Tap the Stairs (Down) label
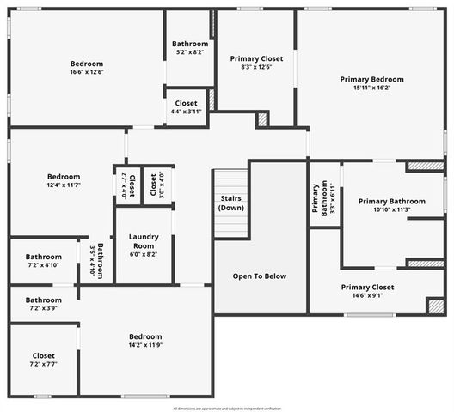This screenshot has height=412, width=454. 231,203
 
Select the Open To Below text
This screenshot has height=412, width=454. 260,276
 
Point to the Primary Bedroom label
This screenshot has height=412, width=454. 371,79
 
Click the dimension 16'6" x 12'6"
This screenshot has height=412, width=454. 86,72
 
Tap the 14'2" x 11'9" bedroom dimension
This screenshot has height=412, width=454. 145,345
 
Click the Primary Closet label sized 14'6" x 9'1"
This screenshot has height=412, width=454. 367,288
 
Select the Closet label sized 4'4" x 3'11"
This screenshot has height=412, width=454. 186,104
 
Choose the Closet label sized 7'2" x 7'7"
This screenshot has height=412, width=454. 43,355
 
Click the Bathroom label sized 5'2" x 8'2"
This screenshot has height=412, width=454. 189,44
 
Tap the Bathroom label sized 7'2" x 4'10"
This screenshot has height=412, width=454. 43,257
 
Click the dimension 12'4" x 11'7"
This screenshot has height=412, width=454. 64,185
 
